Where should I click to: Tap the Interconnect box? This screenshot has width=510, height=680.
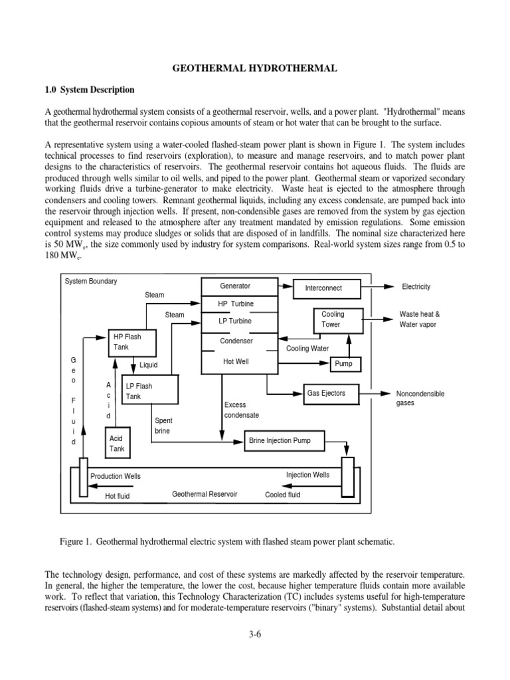click(x=323, y=288)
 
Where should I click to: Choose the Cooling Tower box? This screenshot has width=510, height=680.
click(x=333, y=320)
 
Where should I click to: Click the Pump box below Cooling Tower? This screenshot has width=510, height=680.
click(x=343, y=364)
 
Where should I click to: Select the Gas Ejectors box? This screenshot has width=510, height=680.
click(x=325, y=393)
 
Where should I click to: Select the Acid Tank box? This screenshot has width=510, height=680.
click(x=116, y=444)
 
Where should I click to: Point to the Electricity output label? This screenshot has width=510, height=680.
click(x=416, y=287)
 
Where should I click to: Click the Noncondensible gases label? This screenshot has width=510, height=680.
click(x=420, y=398)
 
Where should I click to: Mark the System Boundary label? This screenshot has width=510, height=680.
click(x=91, y=282)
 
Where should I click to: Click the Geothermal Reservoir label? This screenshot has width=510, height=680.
click(x=205, y=495)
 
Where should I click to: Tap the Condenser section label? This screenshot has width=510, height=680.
click(x=236, y=341)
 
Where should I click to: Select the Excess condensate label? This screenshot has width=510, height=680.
click(x=242, y=410)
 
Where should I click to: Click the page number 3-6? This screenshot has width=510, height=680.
click(x=256, y=635)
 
